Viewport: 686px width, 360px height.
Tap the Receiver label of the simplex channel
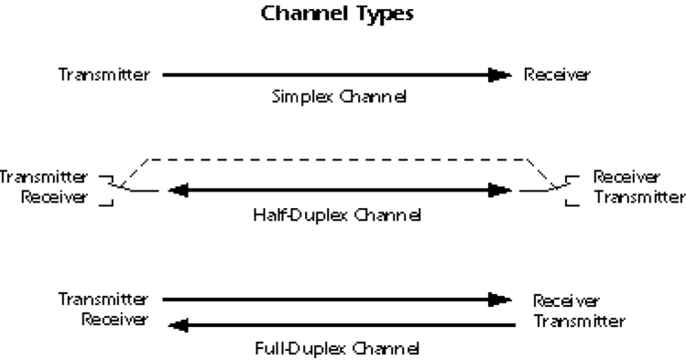(557, 72)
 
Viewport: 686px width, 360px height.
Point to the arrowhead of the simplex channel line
(500, 73)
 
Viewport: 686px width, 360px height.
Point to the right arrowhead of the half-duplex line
(500, 191)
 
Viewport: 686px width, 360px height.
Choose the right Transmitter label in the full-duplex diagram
(580, 321)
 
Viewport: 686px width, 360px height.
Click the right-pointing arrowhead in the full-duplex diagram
(500, 299)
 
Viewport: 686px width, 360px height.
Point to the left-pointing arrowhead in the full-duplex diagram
(172, 322)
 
